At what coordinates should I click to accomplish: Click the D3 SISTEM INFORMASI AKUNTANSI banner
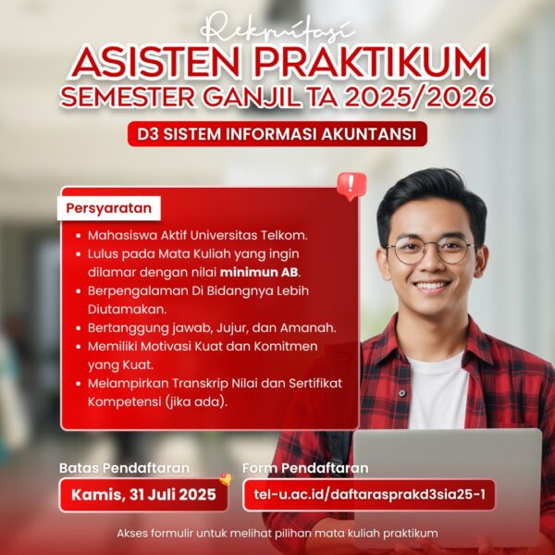(277, 134)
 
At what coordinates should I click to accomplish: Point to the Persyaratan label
(108, 208)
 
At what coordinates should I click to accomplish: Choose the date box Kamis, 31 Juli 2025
(143, 495)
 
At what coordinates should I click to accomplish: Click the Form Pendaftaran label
(304, 468)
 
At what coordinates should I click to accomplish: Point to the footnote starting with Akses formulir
(277, 534)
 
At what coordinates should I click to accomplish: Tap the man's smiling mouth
(431, 286)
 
